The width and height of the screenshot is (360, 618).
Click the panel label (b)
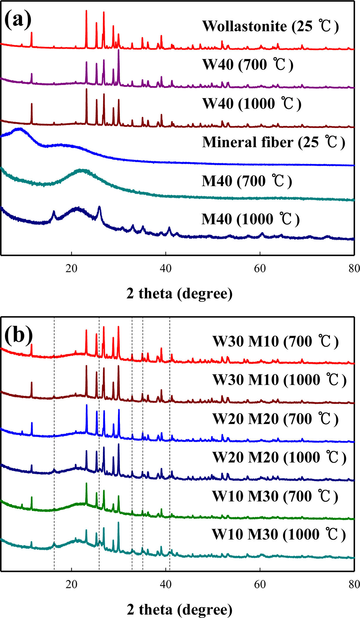18,335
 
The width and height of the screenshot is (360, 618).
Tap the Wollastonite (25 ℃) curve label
270,26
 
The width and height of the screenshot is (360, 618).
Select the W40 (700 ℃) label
248,65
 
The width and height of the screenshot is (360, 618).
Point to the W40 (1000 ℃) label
252,104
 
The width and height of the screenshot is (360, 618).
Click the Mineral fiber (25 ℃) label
273,142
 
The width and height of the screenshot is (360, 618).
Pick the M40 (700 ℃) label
247,181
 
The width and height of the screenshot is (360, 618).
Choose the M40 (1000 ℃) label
251,219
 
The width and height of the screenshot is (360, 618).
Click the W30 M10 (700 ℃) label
276,342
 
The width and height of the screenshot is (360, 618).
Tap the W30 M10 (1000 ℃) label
279,380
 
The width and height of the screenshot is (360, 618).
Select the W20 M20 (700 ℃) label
276,419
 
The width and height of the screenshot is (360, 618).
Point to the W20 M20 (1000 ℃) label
279,458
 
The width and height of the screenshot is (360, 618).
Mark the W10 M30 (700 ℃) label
275,496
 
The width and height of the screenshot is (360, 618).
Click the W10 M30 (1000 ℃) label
279,535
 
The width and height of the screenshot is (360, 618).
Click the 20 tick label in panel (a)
71,268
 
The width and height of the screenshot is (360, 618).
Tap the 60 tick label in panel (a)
260,268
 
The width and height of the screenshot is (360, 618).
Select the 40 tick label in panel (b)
166,584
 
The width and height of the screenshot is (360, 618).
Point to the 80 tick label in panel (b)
354,584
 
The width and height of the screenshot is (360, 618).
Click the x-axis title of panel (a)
179,294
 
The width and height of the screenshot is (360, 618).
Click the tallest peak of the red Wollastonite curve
86,11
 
